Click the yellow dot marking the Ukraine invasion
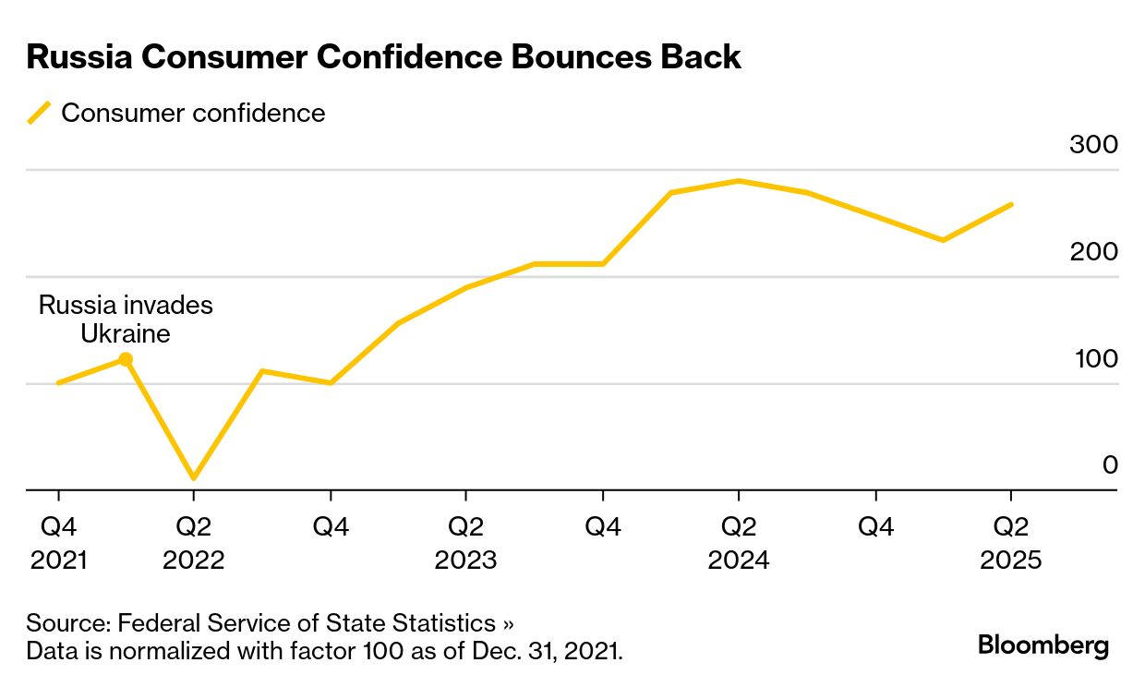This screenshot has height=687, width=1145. [126, 359]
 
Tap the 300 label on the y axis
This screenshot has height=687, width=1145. [1093, 145]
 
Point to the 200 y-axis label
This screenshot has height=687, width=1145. [1093, 251]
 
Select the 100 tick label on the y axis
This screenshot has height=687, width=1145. [1095, 358]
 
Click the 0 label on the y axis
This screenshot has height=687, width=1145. [1110, 465]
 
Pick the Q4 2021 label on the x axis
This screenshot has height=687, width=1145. [58, 543]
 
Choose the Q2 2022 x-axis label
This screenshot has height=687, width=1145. [193, 543]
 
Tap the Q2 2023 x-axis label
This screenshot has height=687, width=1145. [465, 543]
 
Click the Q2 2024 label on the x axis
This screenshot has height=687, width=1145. [738, 543]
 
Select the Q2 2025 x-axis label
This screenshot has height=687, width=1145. [1010, 543]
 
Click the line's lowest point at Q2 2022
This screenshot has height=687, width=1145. [193, 478]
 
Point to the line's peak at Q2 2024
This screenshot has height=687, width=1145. [738, 181]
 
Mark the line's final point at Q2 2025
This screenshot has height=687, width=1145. [1012, 204]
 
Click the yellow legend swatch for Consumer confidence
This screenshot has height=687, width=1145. [39, 114]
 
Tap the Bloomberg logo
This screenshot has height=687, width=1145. [1043, 645]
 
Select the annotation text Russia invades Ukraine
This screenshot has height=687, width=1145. [126, 319]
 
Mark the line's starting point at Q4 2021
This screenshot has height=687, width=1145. [58, 382]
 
